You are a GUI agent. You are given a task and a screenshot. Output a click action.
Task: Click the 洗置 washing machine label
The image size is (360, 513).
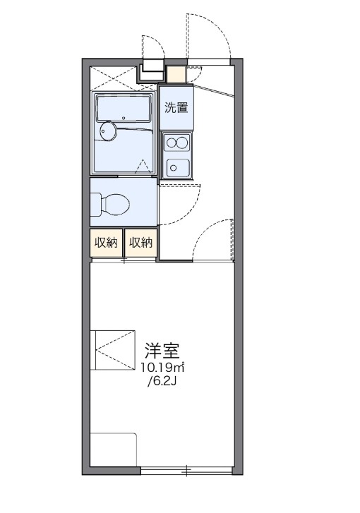coord(176,108)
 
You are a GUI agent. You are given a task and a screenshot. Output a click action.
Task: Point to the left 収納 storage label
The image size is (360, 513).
coord(106,243)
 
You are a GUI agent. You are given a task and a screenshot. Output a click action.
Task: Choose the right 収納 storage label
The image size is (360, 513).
coord(140,243)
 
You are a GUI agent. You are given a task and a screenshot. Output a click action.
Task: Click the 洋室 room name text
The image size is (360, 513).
coord(162,351)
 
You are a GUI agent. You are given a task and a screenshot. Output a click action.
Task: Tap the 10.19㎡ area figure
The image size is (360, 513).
coord(162,368)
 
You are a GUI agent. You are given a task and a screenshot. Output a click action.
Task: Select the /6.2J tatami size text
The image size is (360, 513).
coord(162,382)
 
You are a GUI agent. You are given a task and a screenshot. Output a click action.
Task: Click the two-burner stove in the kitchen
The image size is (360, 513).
coord(176,143)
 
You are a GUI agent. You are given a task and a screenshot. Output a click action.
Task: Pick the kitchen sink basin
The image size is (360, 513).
coord(176,168)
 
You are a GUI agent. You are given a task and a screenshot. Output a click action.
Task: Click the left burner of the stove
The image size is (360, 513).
coord(170,143)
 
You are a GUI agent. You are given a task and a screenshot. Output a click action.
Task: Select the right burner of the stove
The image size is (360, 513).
coord(182,143)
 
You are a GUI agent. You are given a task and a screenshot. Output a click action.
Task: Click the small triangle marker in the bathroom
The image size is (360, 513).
coord(145,166)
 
